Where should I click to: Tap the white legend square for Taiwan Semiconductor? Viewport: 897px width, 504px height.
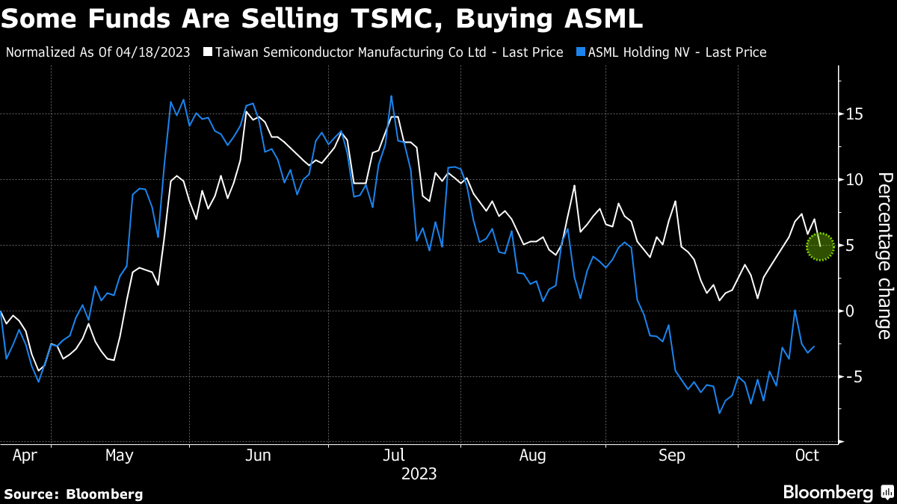(209, 52)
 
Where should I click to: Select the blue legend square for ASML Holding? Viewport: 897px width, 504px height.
(580, 52)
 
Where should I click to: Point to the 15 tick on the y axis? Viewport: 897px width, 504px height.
(854, 114)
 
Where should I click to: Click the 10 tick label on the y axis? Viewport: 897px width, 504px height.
(854, 180)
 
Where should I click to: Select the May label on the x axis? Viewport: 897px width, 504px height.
(119, 455)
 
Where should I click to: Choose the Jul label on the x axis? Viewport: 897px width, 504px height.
(394, 455)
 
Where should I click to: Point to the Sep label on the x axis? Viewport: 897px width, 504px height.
(671, 455)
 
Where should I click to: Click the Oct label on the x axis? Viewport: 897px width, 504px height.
(808, 455)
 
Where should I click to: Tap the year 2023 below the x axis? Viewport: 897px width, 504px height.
(419, 474)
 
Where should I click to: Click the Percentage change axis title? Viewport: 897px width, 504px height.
(885, 255)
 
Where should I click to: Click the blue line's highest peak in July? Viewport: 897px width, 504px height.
(391, 96)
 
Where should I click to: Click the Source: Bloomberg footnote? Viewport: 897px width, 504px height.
(73, 494)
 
